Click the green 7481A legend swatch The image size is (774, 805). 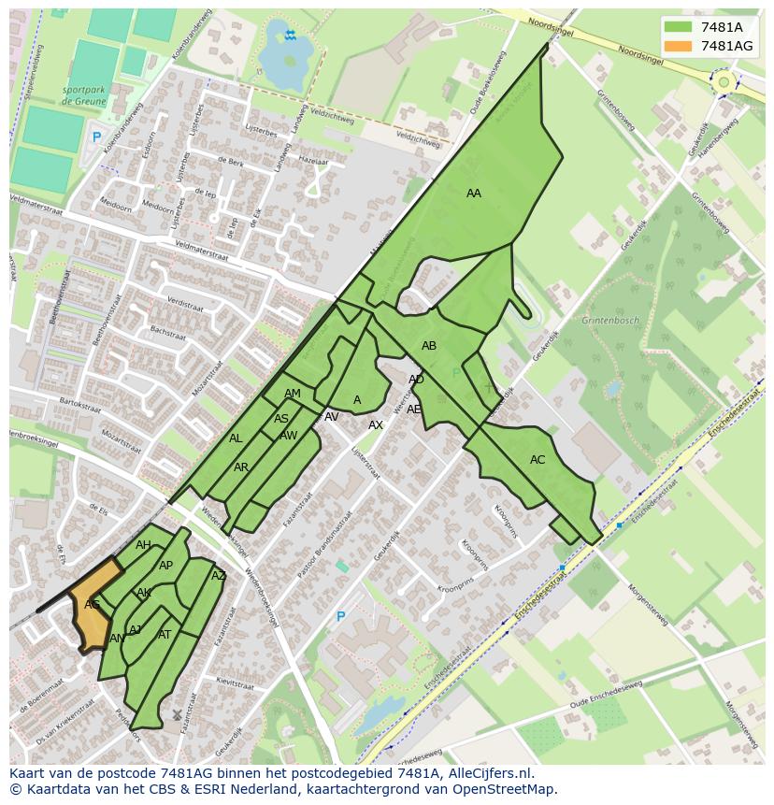[678, 27]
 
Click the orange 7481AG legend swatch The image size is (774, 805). [678, 46]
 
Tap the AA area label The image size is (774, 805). [474, 194]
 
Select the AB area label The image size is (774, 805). [429, 346]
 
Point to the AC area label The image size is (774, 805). [537, 460]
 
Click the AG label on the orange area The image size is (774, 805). [92, 605]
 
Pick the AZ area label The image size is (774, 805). [219, 576]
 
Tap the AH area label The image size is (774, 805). [143, 545]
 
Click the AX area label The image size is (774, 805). [376, 425]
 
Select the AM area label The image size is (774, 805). [293, 394]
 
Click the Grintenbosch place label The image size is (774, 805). [610, 321]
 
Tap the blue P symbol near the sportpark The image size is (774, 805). [95, 137]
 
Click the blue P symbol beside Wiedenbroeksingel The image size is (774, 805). [340, 617]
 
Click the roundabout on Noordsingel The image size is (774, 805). [723, 82]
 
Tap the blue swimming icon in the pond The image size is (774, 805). [291, 36]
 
